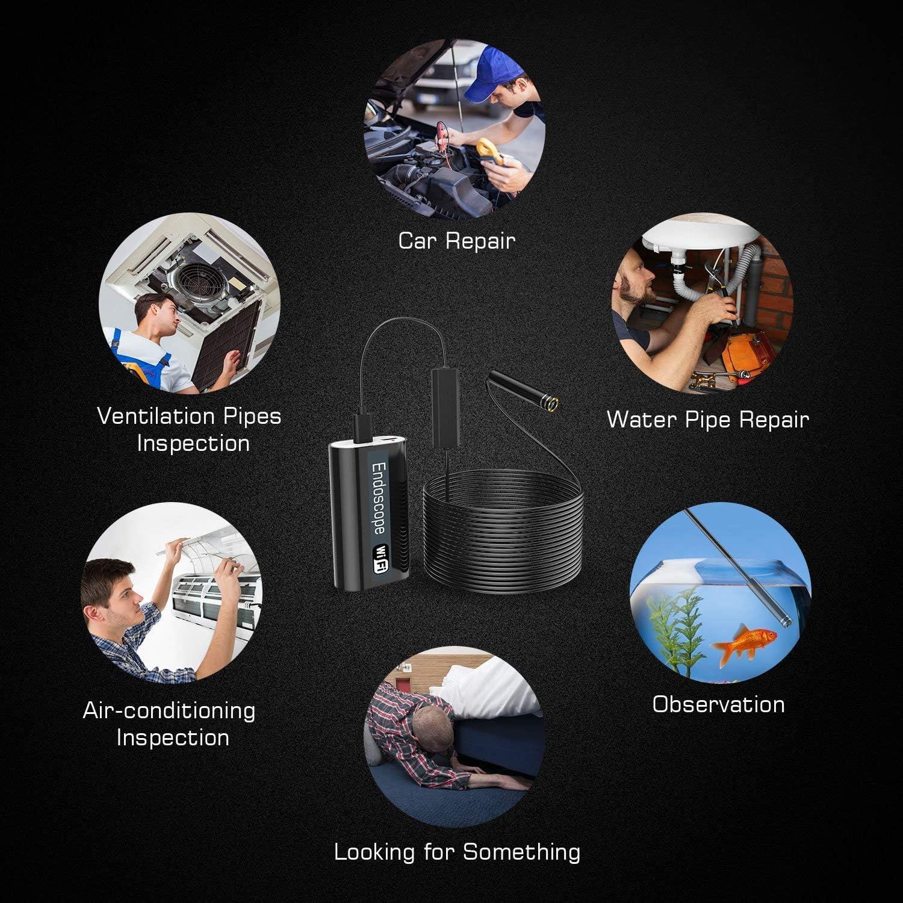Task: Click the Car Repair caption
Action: pos(456,241)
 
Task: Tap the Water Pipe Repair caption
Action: pos(707,420)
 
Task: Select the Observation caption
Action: pos(718,704)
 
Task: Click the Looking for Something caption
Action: pos(457,852)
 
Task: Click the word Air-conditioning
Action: pos(169,710)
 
